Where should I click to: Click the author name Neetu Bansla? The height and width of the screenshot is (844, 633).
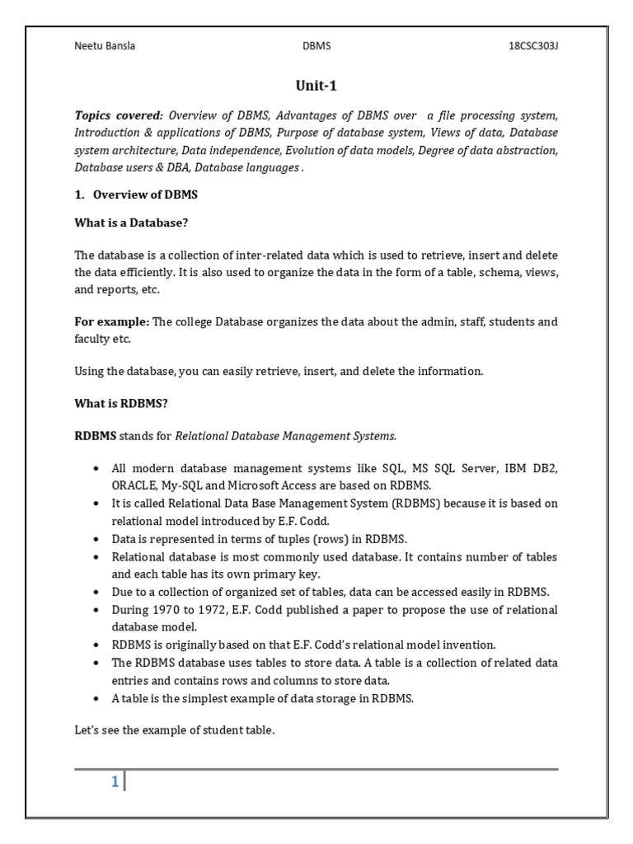click(105, 46)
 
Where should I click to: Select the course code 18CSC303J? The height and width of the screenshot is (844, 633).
click(533, 46)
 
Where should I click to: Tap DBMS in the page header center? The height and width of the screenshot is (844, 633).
click(316, 46)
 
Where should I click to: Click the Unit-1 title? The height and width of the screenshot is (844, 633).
click(316, 86)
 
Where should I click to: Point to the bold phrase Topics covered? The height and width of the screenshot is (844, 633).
click(119, 115)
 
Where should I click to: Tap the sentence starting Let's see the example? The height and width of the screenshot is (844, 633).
click(174, 729)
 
